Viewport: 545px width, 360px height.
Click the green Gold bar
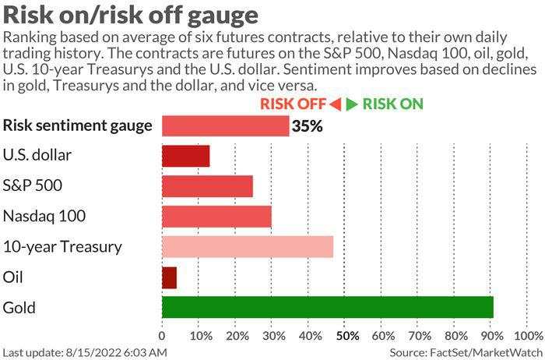click(327, 307)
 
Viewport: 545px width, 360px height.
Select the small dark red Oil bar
click(169, 277)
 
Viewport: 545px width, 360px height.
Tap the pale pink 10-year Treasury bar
click(248, 247)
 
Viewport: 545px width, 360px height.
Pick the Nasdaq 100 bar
click(216, 217)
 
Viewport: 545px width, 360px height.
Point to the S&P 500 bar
click(207, 186)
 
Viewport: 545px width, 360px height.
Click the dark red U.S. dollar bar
click(185, 156)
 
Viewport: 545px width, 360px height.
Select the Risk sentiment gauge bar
click(225, 125)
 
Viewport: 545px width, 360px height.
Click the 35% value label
click(307, 125)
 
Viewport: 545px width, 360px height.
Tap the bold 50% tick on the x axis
click(346, 336)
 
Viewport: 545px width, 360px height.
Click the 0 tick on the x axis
click(162, 336)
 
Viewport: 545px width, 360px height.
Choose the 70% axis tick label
click(420, 336)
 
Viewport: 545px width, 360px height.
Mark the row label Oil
click(13, 277)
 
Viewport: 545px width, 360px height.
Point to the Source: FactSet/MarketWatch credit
click(465, 352)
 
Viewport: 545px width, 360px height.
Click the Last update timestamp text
click(85, 352)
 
